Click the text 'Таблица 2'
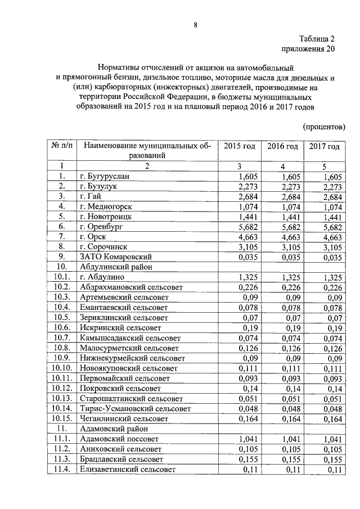click(x=317, y=39)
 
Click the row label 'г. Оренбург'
click(x=102, y=227)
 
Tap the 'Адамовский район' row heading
click(x=114, y=429)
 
